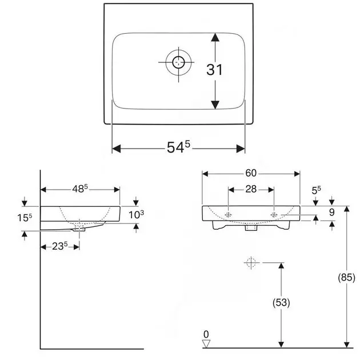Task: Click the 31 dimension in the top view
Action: tap(214, 70)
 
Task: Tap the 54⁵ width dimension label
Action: tap(178, 147)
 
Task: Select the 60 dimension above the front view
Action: tap(251, 173)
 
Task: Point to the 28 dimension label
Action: tap(251, 189)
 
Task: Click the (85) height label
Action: tap(346, 277)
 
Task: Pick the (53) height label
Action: tap(281, 302)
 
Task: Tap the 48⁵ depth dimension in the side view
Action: tap(80, 189)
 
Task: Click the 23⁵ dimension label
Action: tap(60, 246)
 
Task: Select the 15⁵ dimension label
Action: tap(25, 218)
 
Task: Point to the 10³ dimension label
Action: tap(137, 215)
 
